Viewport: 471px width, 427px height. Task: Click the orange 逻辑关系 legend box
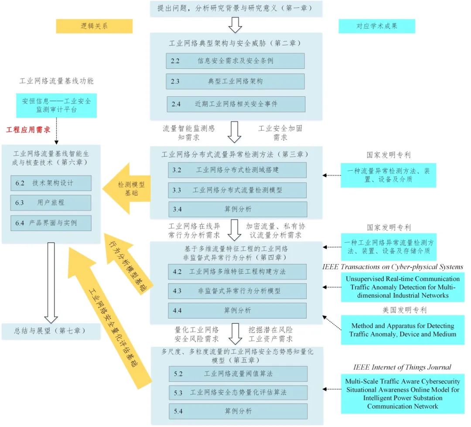pyautogui.click(x=94, y=26)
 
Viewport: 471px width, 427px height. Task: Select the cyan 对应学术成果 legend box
pyautogui.click(x=377, y=26)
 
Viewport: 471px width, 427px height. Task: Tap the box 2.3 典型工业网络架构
pyautogui.click(x=235, y=81)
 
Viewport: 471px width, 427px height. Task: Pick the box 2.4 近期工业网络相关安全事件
pyautogui.click(x=235, y=104)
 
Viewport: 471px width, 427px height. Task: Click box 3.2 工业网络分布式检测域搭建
pyautogui.click(x=237, y=170)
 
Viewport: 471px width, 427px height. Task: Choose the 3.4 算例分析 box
pyautogui.click(x=237, y=209)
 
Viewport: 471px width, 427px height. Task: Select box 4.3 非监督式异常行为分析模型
pyautogui.click(x=237, y=291)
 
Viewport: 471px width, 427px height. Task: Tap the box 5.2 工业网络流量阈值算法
pyautogui.click(x=238, y=374)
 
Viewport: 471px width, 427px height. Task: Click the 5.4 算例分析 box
pyautogui.click(x=238, y=411)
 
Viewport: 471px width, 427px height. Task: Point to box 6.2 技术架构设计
pyautogui.click(x=51, y=183)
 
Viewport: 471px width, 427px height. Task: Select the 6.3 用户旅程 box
pyautogui.click(x=51, y=203)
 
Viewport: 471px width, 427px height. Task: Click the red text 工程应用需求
pyautogui.click(x=28, y=129)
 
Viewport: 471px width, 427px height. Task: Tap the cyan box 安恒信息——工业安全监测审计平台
pyautogui.click(x=57, y=105)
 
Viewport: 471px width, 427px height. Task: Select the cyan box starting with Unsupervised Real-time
pyautogui.click(x=403, y=287)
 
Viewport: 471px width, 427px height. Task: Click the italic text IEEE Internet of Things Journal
pyautogui.click(x=402, y=367)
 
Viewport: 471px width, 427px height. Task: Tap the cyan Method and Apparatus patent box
pyautogui.click(x=402, y=330)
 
